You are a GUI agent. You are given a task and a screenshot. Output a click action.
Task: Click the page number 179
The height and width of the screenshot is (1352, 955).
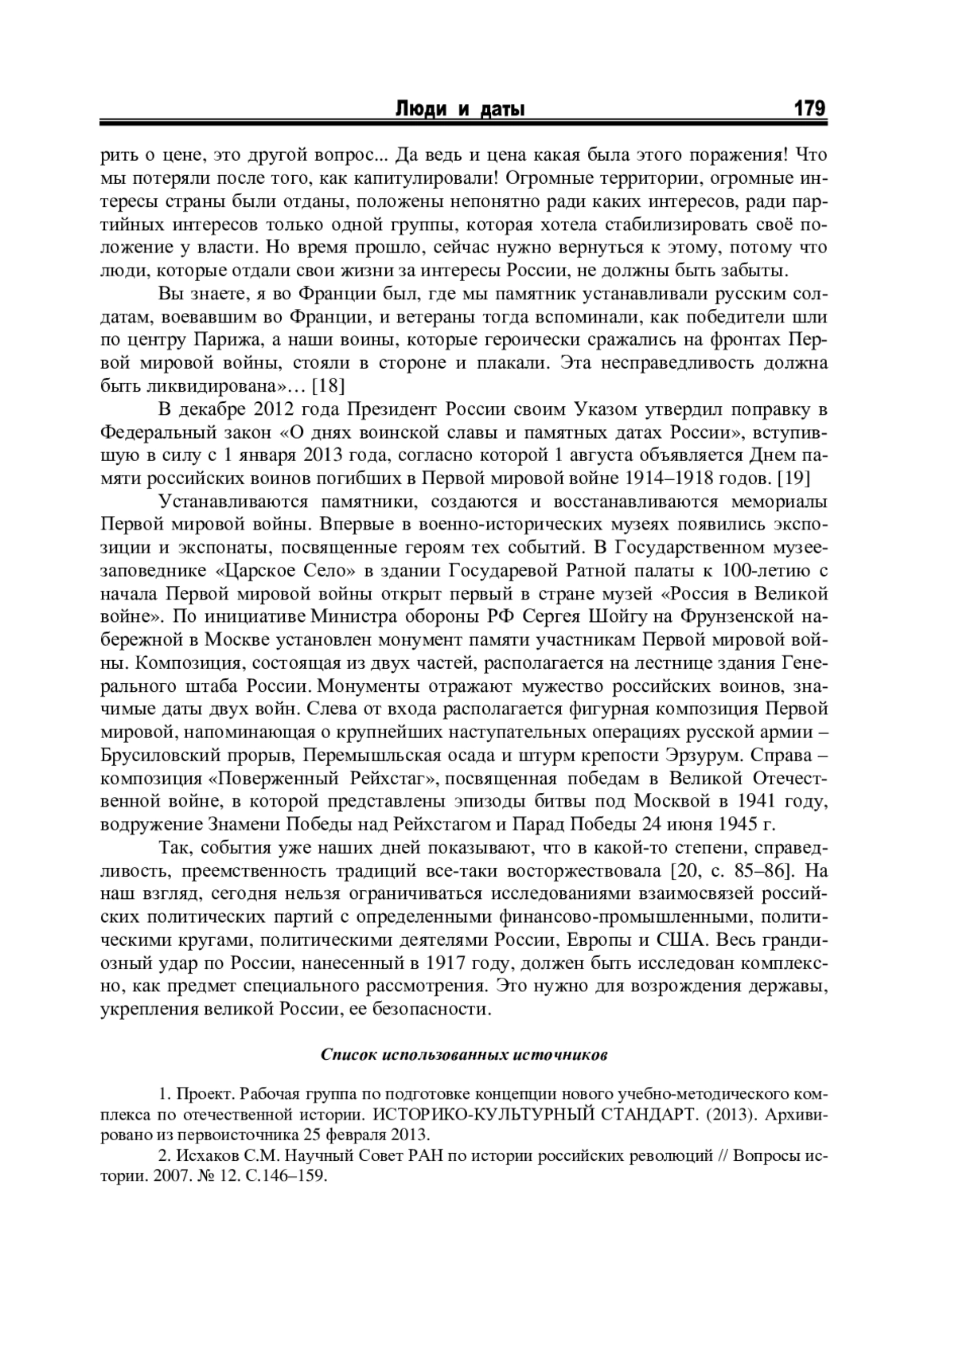pyautogui.click(x=809, y=108)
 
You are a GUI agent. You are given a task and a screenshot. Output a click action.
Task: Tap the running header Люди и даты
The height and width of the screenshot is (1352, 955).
pyautogui.click(x=461, y=109)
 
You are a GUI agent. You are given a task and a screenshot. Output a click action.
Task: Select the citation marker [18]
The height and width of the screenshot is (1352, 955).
pyautogui.click(x=328, y=386)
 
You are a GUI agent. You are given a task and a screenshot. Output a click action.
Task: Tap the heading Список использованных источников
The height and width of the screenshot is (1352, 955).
pyautogui.click(x=464, y=1055)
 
